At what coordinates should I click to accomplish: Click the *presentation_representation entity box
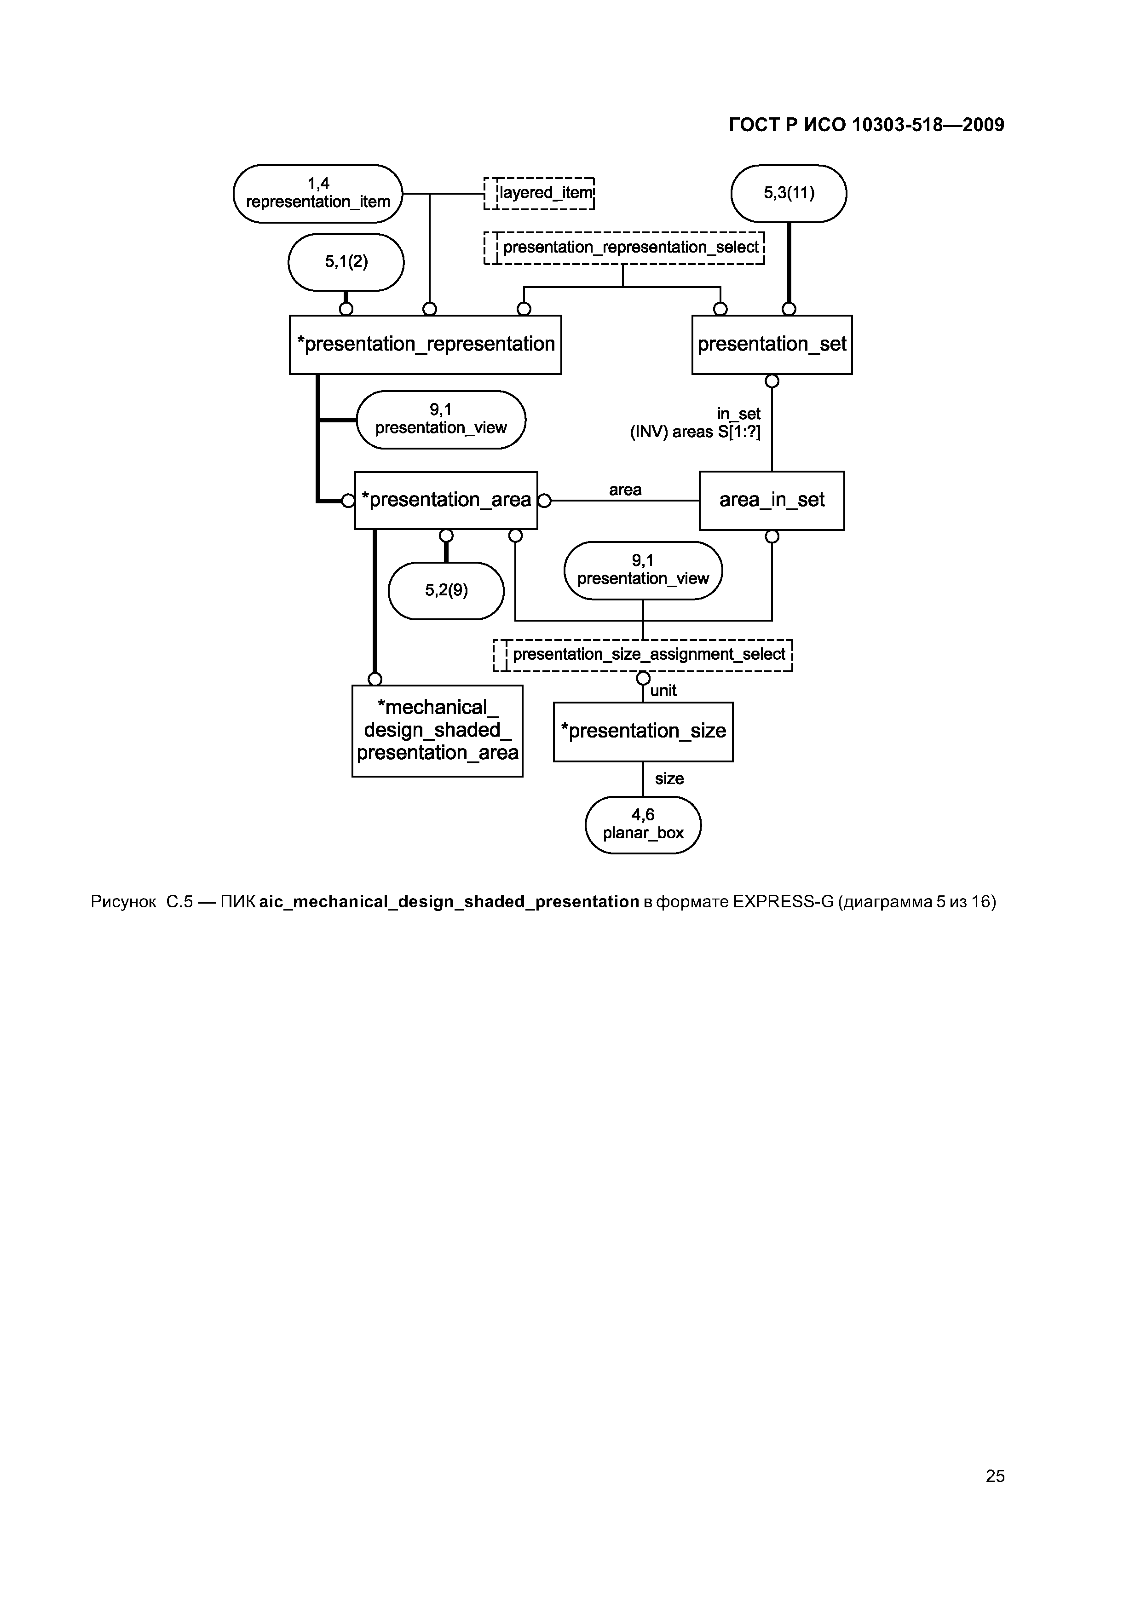click(x=425, y=345)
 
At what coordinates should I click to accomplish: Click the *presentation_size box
click(x=643, y=731)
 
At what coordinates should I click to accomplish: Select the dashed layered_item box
click(x=539, y=193)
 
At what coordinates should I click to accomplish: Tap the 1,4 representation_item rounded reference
click(x=318, y=193)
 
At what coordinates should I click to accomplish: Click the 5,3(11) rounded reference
click(x=788, y=193)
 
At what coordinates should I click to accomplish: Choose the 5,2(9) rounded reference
click(x=446, y=590)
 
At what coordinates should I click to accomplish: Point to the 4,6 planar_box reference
click(x=643, y=824)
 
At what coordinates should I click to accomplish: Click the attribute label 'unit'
click(x=663, y=690)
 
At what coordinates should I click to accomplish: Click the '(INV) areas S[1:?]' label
click(x=695, y=432)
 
